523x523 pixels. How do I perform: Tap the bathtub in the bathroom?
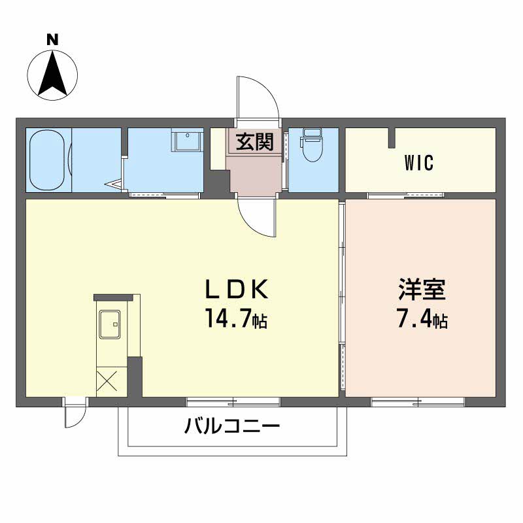[x=48, y=160]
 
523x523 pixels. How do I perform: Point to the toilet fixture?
[x=312, y=145]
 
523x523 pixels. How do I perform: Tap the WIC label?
[x=420, y=163]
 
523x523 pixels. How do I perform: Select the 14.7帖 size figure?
[x=236, y=320]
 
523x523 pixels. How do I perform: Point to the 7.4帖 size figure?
[x=421, y=320]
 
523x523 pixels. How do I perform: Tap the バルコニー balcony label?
[x=232, y=428]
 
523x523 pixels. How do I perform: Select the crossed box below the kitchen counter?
[x=107, y=380]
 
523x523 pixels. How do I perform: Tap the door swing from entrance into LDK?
[x=258, y=217]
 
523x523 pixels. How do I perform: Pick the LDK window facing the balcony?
[x=233, y=400]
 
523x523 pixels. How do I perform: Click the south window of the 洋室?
[x=418, y=400]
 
